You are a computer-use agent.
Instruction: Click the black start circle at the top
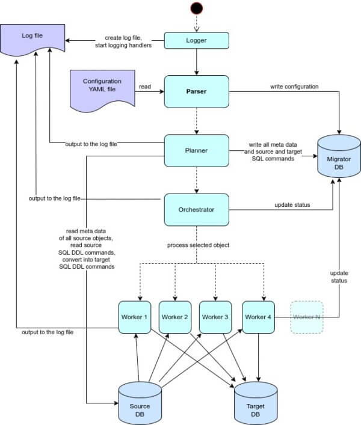click(x=196, y=8)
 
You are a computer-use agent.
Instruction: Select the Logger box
click(x=196, y=41)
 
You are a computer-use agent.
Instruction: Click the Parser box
click(x=196, y=91)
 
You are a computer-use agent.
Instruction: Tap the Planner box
click(x=196, y=151)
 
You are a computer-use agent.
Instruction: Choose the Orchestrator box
click(x=196, y=210)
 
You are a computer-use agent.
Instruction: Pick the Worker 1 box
click(x=135, y=317)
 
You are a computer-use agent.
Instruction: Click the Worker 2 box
click(x=175, y=317)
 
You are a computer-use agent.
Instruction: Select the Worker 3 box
click(x=215, y=317)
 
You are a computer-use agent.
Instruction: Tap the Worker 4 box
click(x=258, y=317)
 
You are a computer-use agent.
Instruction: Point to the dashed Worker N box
click(x=307, y=317)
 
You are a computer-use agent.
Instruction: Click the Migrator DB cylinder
click(x=339, y=156)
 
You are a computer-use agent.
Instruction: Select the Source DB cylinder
click(x=140, y=403)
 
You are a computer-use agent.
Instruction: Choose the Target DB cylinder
click(x=256, y=403)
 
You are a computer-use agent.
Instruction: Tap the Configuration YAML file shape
click(x=102, y=90)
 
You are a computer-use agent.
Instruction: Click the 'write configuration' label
click(x=294, y=87)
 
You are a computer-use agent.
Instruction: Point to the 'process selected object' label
click(x=198, y=245)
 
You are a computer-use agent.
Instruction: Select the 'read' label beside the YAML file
click(x=145, y=87)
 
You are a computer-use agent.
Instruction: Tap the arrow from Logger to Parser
click(x=196, y=62)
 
